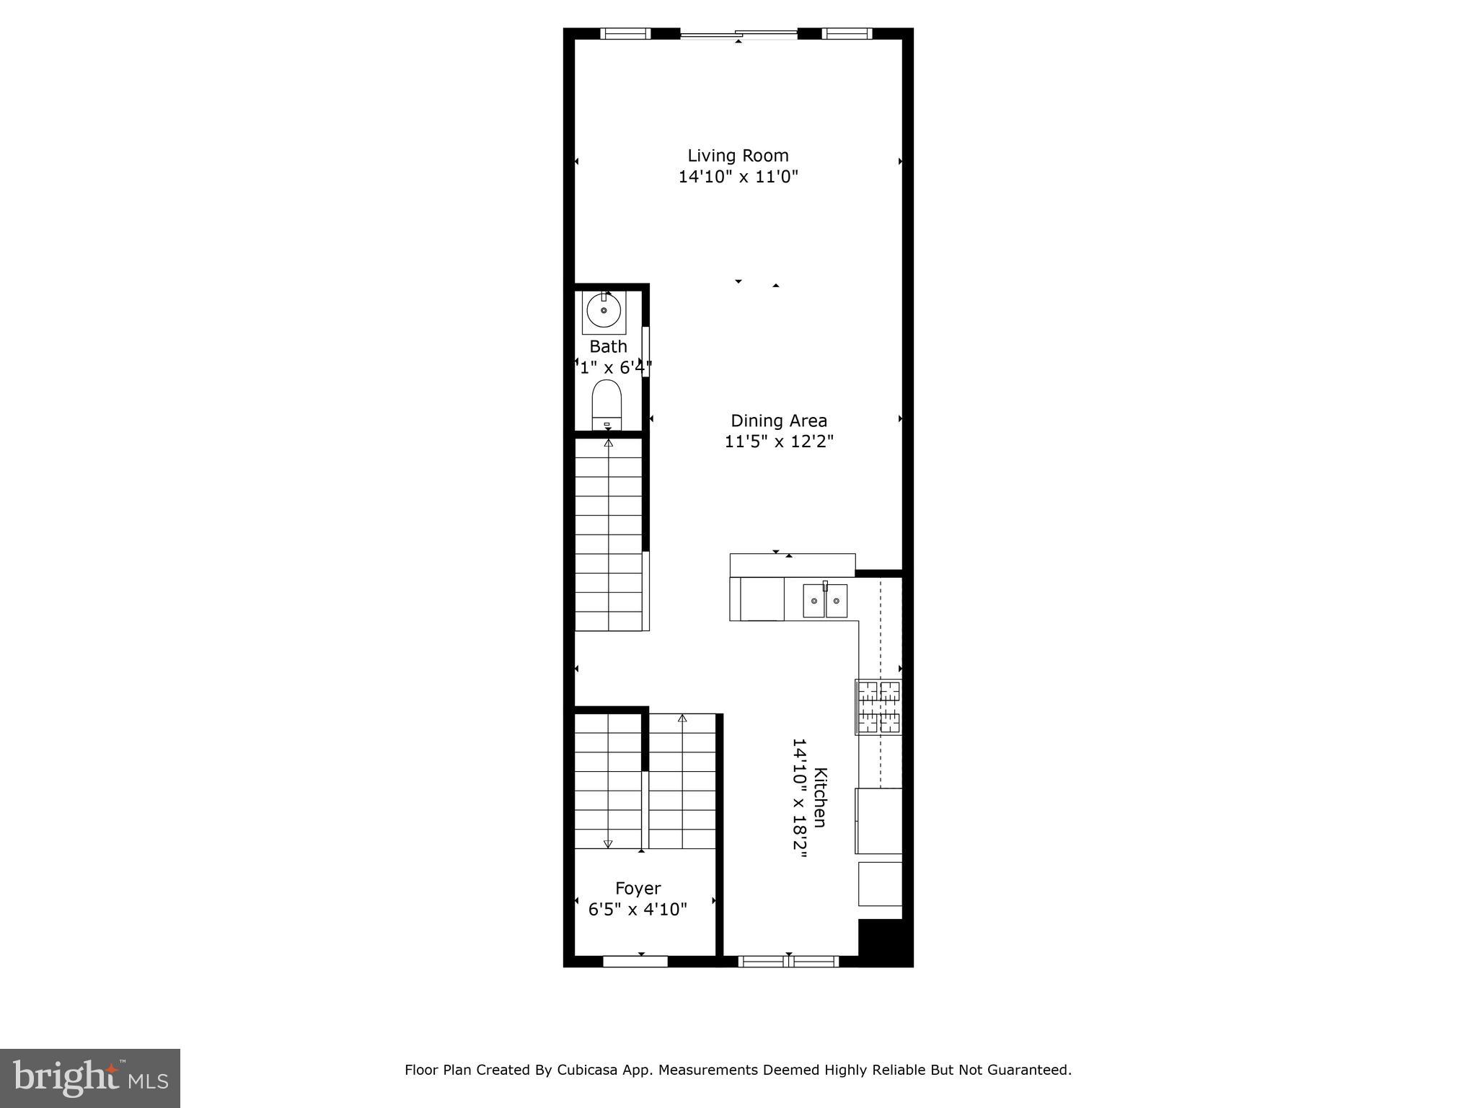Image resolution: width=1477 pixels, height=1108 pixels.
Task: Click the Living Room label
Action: click(x=738, y=155)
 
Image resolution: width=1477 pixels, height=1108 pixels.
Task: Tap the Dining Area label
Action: click(x=779, y=421)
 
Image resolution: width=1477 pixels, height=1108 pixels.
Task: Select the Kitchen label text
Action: click(x=820, y=797)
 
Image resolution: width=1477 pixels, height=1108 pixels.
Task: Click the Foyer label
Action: click(x=638, y=888)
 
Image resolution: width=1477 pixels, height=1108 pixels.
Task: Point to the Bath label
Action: click(x=608, y=346)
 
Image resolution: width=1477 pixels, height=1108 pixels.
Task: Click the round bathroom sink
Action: click(x=604, y=311)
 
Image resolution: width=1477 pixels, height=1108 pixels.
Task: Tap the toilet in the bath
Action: click(x=607, y=404)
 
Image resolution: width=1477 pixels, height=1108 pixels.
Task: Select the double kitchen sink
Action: click(x=825, y=601)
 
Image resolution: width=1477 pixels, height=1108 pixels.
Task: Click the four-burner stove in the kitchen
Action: click(x=878, y=706)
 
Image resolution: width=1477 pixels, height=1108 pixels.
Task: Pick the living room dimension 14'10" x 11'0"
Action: click(x=738, y=177)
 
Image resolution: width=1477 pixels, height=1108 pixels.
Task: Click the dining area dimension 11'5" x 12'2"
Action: click(x=779, y=441)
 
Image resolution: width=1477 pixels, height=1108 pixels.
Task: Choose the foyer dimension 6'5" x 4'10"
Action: click(x=638, y=909)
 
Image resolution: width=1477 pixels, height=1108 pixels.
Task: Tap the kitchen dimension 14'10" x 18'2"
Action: click(x=799, y=797)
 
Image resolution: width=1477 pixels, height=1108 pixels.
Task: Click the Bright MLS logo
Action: click(x=90, y=1078)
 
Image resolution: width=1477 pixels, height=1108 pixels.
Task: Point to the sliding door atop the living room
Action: click(x=739, y=33)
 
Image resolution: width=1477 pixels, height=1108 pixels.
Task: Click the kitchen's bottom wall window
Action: click(x=789, y=961)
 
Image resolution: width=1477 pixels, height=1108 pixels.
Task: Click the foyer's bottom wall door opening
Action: click(x=635, y=961)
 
